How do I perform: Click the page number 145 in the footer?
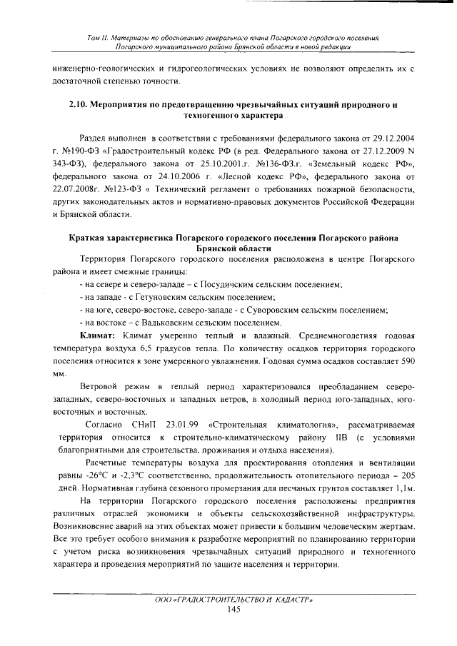(x=233, y=610)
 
